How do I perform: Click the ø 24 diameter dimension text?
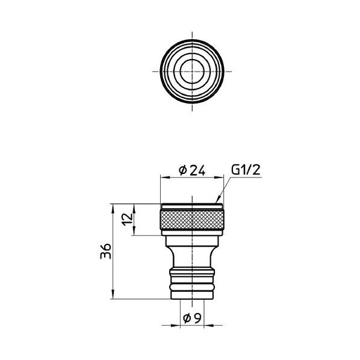click(x=192, y=170)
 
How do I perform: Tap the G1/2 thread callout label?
click(x=246, y=170)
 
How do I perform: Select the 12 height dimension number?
click(x=128, y=220)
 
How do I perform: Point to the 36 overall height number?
click(x=105, y=251)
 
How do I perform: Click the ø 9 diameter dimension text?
click(x=193, y=318)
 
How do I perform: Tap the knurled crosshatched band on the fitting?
click(x=192, y=220)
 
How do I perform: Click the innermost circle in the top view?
click(x=192, y=71)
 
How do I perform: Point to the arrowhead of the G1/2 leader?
click(x=218, y=200)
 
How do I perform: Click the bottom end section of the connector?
click(x=192, y=295)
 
